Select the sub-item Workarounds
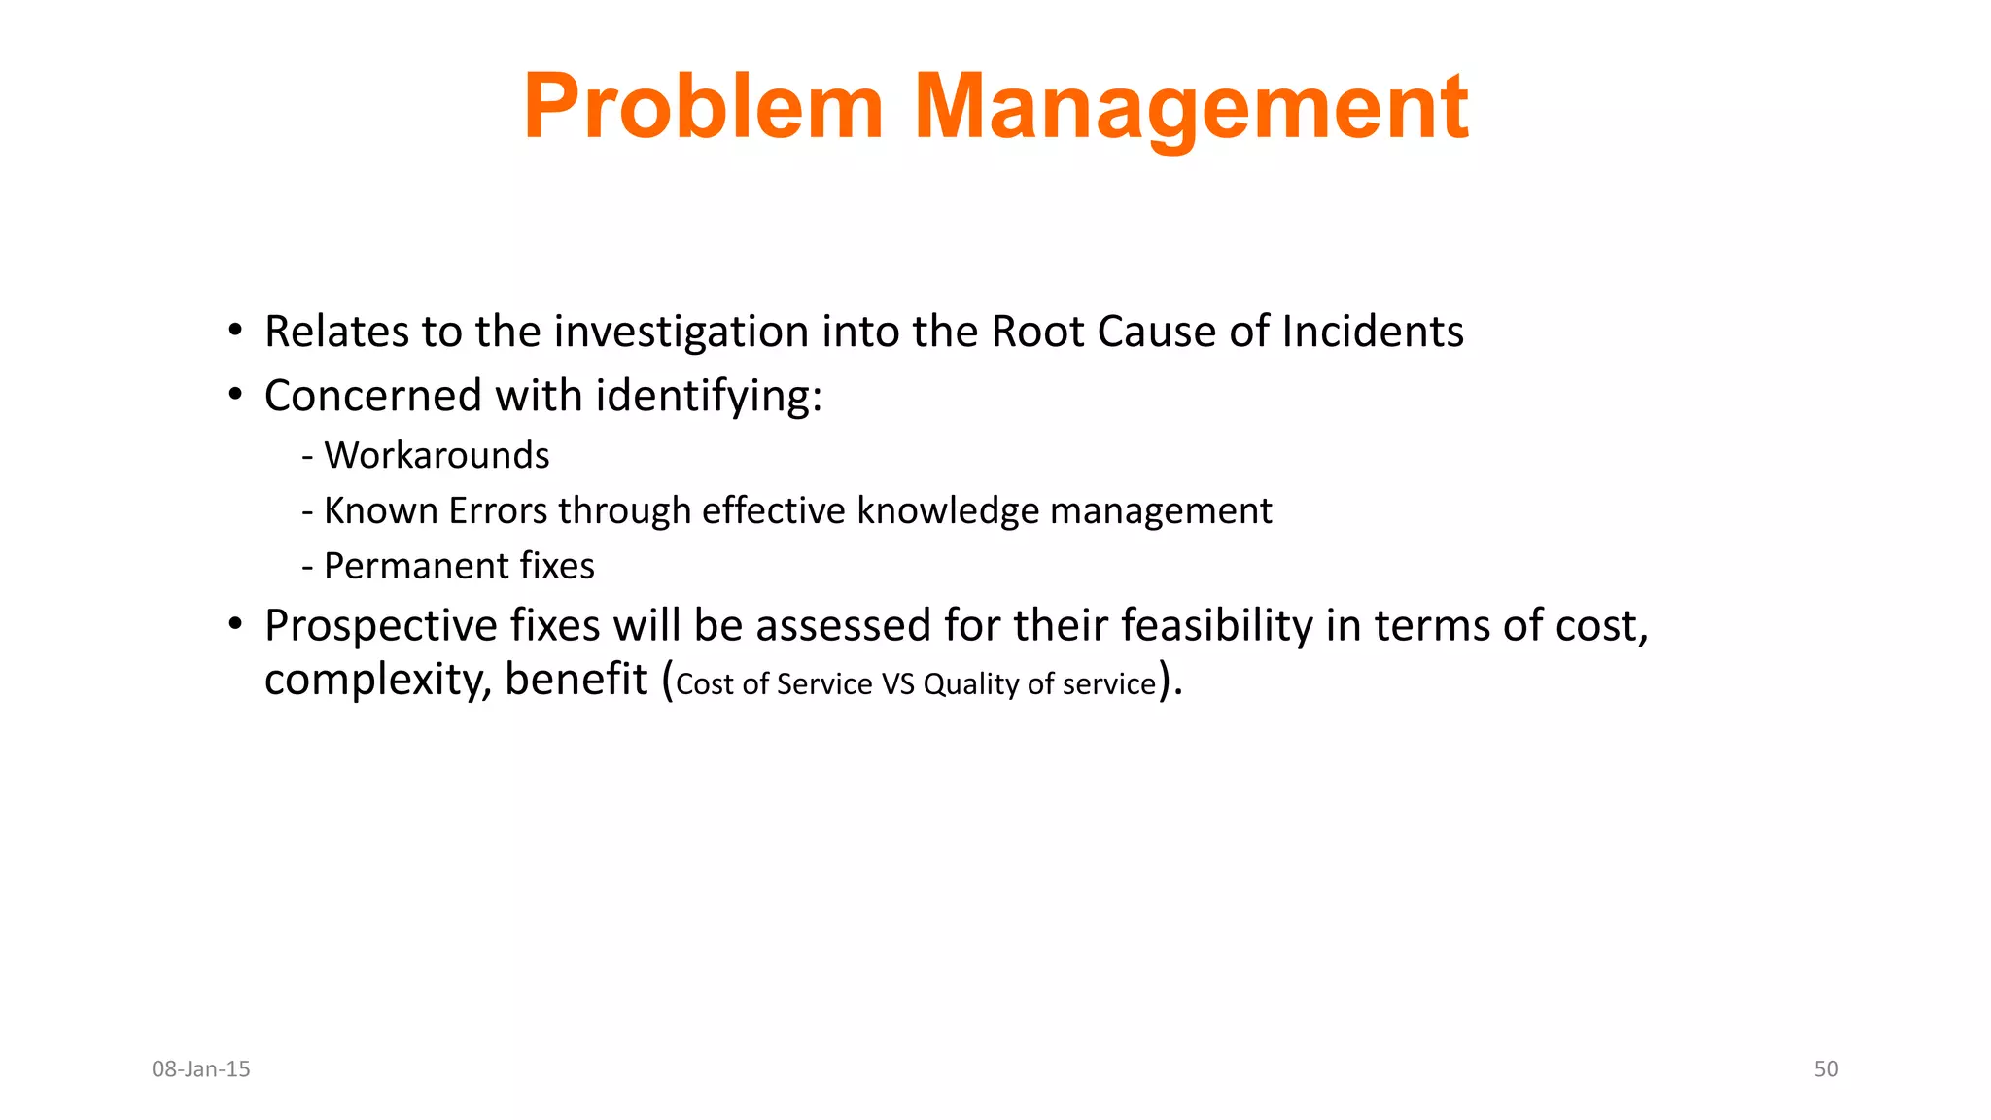(437, 455)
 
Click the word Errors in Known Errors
(498, 510)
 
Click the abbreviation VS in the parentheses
(897, 684)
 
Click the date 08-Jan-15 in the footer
(201, 1069)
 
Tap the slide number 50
(1826, 1069)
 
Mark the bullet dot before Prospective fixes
(235, 623)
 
